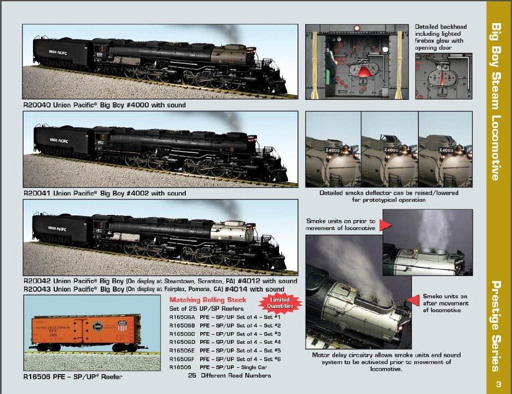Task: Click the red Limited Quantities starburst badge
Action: [x=280, y=303]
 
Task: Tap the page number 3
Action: [x=498, y=384]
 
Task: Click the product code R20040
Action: [x=37, y=105]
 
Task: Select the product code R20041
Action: [x=37, y=193]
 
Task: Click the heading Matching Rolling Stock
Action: [x=208, y=300]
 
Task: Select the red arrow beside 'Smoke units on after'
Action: [x=413, y=300]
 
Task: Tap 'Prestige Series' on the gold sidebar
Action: [x=496, y=326]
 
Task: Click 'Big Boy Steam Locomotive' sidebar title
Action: [x=496, y=101]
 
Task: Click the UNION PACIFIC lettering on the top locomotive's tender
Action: [x=58, y=52]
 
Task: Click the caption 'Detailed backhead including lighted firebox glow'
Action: [x=441, y=37]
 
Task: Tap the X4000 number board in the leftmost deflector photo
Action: [x=332, y=150]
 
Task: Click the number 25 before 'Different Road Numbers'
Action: [x=192, y=376]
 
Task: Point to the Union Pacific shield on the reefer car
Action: [x=122, y=325]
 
